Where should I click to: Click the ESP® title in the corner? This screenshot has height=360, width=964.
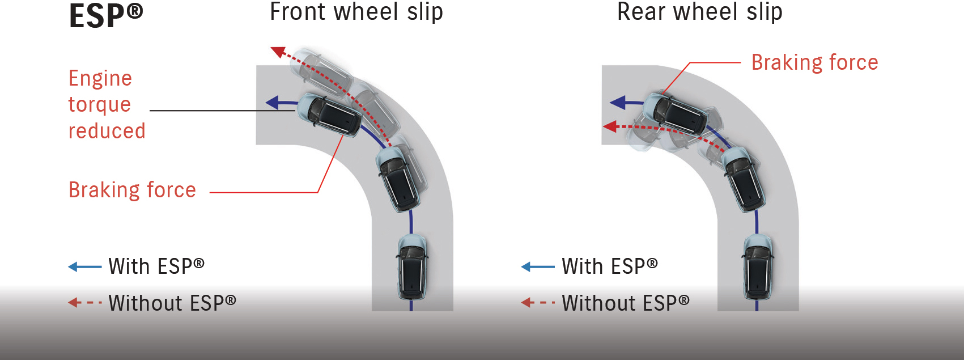click(x=105, y=16)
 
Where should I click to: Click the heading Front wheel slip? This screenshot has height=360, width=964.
click(x=356, y=12)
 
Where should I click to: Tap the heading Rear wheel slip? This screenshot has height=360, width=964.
click(x=699, y=12)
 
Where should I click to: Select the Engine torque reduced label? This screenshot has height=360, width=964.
click(x=106, y=104)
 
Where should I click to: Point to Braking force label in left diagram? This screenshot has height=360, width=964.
click(x=132, y=190)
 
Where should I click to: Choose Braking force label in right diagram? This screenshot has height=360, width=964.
click(x=814, y=62)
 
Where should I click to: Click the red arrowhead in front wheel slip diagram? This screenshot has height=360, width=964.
click(x=278, y=52)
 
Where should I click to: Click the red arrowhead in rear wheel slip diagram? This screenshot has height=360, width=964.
click(x=610, y=126)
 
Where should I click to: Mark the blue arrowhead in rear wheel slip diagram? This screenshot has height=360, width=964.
click(x=617, y=103)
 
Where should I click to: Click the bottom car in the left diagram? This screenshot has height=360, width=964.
click(x=411, y=266)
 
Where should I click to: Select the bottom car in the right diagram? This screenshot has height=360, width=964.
click(x=757, y=267)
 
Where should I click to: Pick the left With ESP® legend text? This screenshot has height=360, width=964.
click(x=156, y=266)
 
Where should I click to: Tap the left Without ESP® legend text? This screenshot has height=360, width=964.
click(x=172, y=303)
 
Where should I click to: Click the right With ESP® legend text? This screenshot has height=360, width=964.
click(x=610, y=266)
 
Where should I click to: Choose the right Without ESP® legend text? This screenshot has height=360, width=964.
click(x=626, y=303)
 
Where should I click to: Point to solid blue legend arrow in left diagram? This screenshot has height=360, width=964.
click(x=84, y=266)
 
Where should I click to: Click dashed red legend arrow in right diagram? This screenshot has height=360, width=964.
click(x=538, y=303)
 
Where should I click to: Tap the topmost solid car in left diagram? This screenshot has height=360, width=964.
click(x=329, y=114)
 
